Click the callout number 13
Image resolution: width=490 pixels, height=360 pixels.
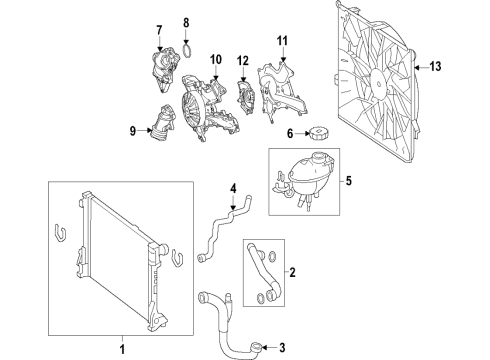[x=435, y=67]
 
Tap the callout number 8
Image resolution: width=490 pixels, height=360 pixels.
[x=186, y=23]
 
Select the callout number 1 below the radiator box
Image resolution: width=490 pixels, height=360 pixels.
[x=122, y=349]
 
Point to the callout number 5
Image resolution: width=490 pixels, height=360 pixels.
[x=348, y=181]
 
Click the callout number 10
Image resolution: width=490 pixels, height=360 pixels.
[x=216, y=60]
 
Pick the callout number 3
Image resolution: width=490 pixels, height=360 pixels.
[x=282, y=348]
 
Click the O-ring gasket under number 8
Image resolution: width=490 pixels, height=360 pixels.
[x=188, y=51]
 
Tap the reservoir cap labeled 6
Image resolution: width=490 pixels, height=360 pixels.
[x=317, y=134]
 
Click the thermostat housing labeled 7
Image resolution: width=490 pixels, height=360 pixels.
[x=164, y=69]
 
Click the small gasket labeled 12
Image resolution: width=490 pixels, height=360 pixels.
[x=245, y=97]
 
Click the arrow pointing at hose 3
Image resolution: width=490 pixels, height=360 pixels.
[x=268, y=348]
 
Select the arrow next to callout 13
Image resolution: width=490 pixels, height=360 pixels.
[x=421, y=67]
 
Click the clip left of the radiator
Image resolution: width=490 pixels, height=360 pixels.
[x=60, y=232]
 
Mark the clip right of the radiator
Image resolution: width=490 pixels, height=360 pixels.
[x=178, y=259]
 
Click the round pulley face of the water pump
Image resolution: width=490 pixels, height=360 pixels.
[x=191, y=106]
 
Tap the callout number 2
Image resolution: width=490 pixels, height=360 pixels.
[x=292, y=273]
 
